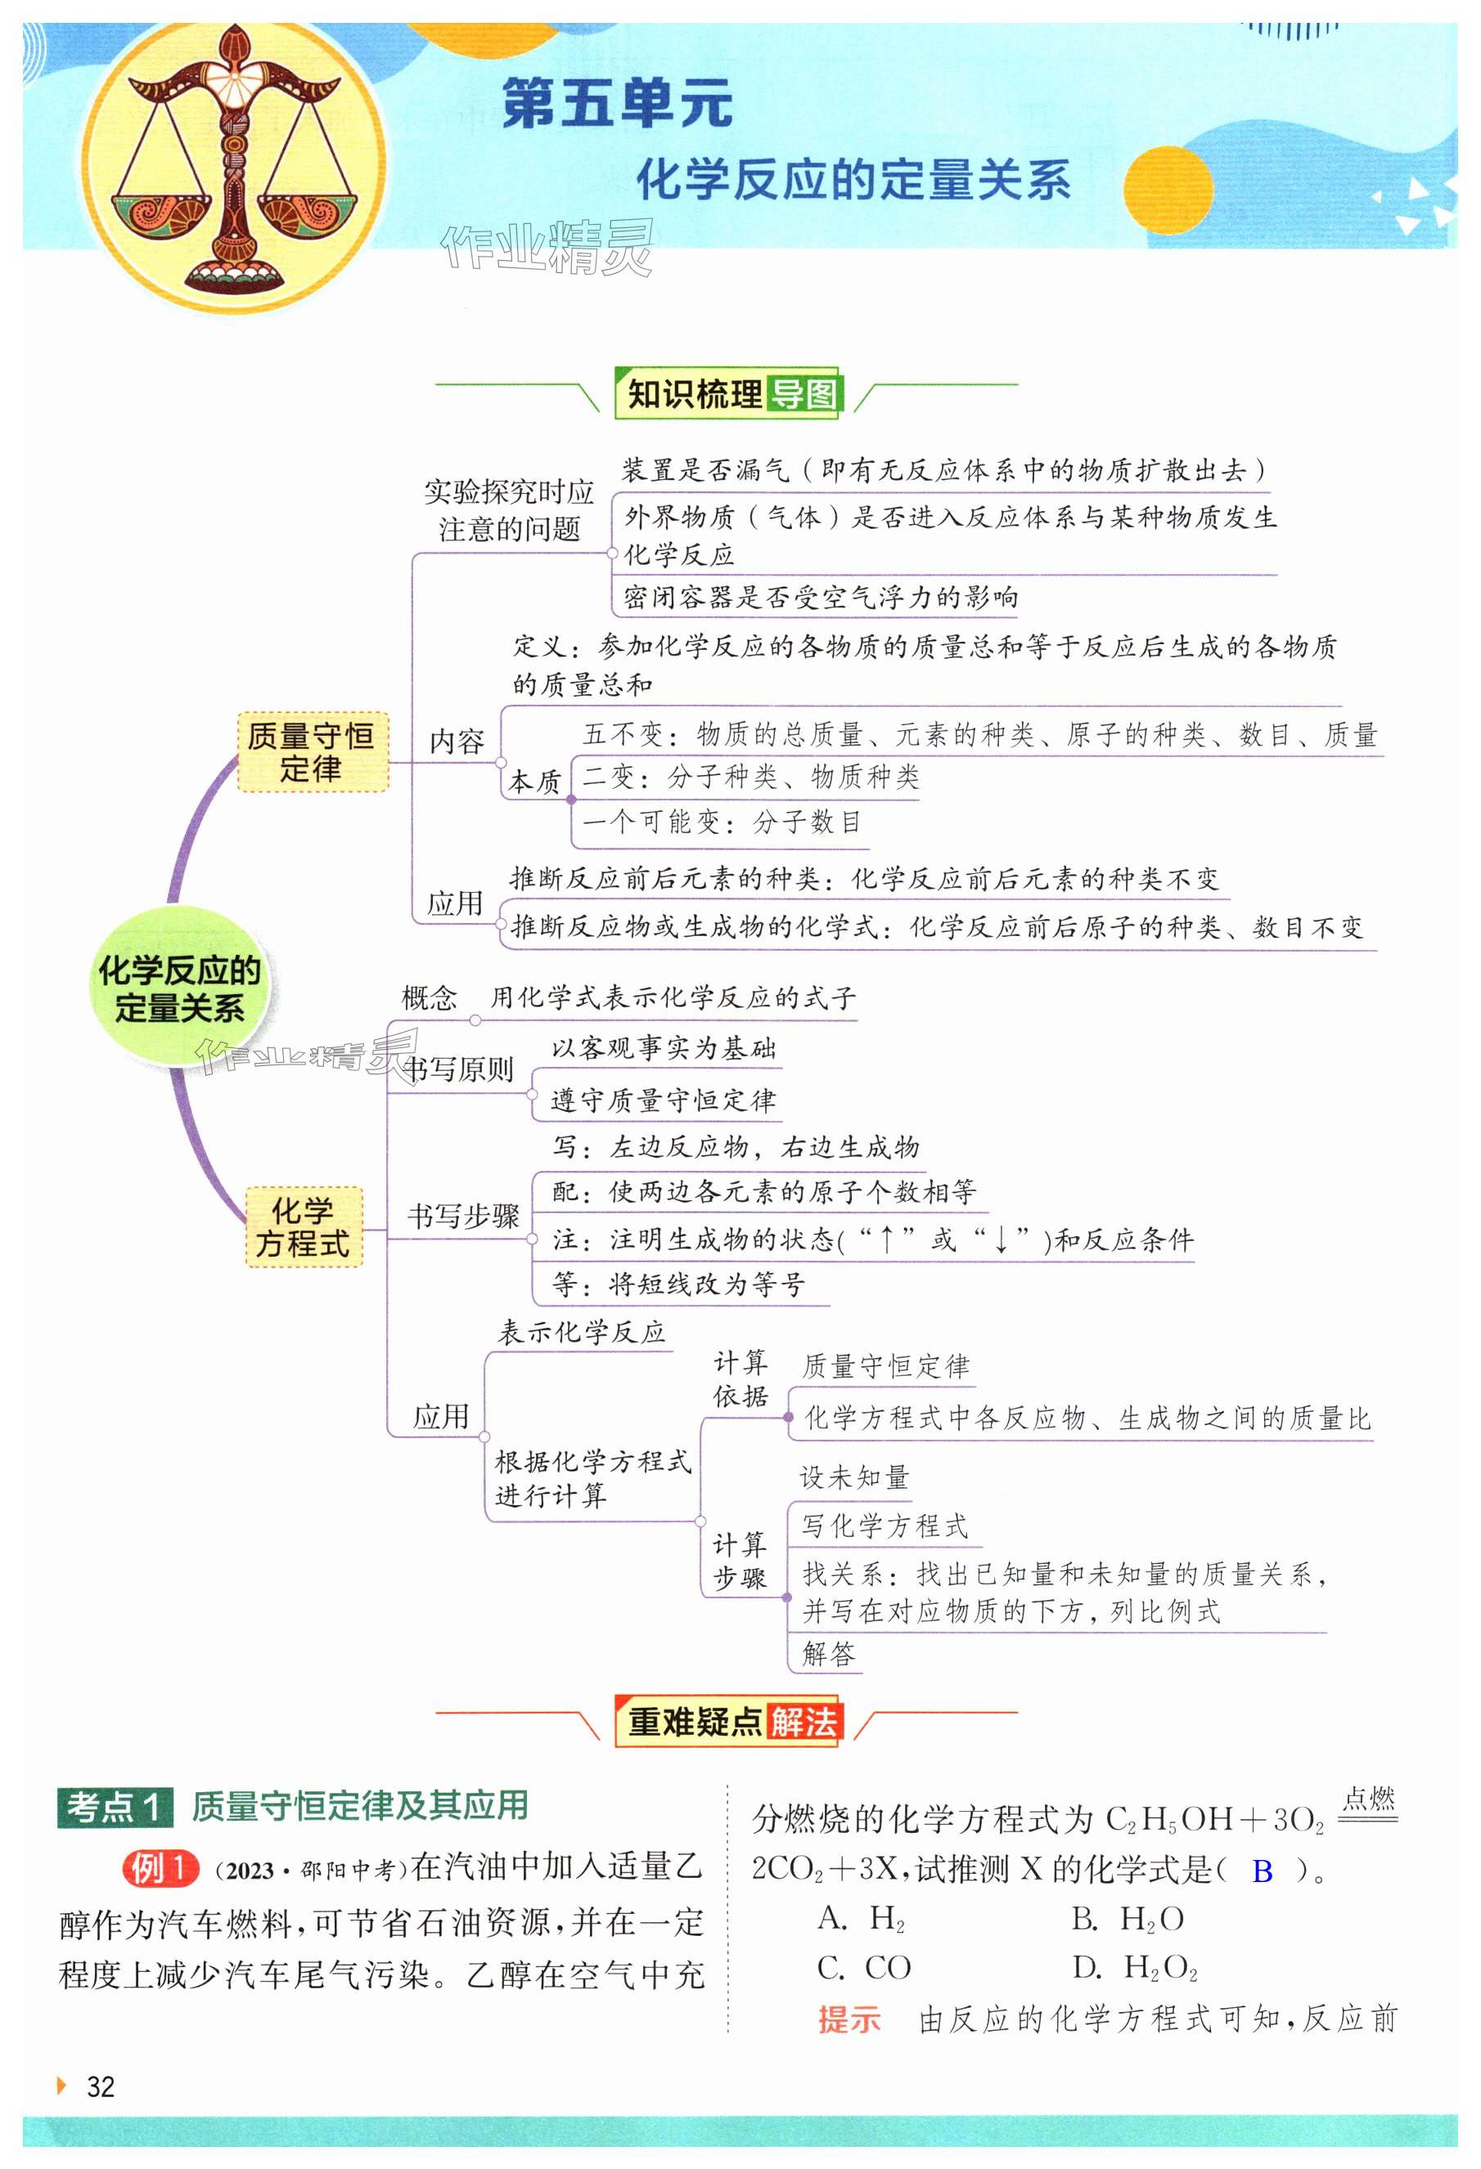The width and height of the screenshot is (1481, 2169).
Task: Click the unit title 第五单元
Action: click(616, 103)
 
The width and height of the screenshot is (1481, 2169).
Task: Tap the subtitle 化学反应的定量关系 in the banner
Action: click(853, 179)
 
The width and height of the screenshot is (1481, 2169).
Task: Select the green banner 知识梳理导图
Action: click(729, 394)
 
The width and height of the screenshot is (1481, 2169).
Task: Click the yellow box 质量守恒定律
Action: click(311, 752)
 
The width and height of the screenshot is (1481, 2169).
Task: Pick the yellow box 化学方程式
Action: click(303, 1227)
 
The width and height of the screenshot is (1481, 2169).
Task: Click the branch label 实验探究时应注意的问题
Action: click(509, 510)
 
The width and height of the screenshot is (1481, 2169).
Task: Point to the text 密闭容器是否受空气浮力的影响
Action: click(820, 598)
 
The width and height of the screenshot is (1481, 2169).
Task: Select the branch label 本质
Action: click(534, 781)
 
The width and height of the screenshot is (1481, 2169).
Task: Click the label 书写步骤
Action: click(463, 1216)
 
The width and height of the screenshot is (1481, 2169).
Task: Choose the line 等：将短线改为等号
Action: click(678, 1284)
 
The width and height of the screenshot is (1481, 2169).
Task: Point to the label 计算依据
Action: click(740, 1379)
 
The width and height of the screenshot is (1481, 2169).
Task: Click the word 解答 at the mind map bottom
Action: click(828, 1655)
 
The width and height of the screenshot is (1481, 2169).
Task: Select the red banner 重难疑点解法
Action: click(729, 1722)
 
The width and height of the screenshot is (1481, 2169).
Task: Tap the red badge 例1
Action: click(160, 1867)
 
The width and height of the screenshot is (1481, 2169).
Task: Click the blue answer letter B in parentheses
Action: click(1262, 1871)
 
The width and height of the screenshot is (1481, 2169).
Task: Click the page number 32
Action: click(100, 2087)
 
